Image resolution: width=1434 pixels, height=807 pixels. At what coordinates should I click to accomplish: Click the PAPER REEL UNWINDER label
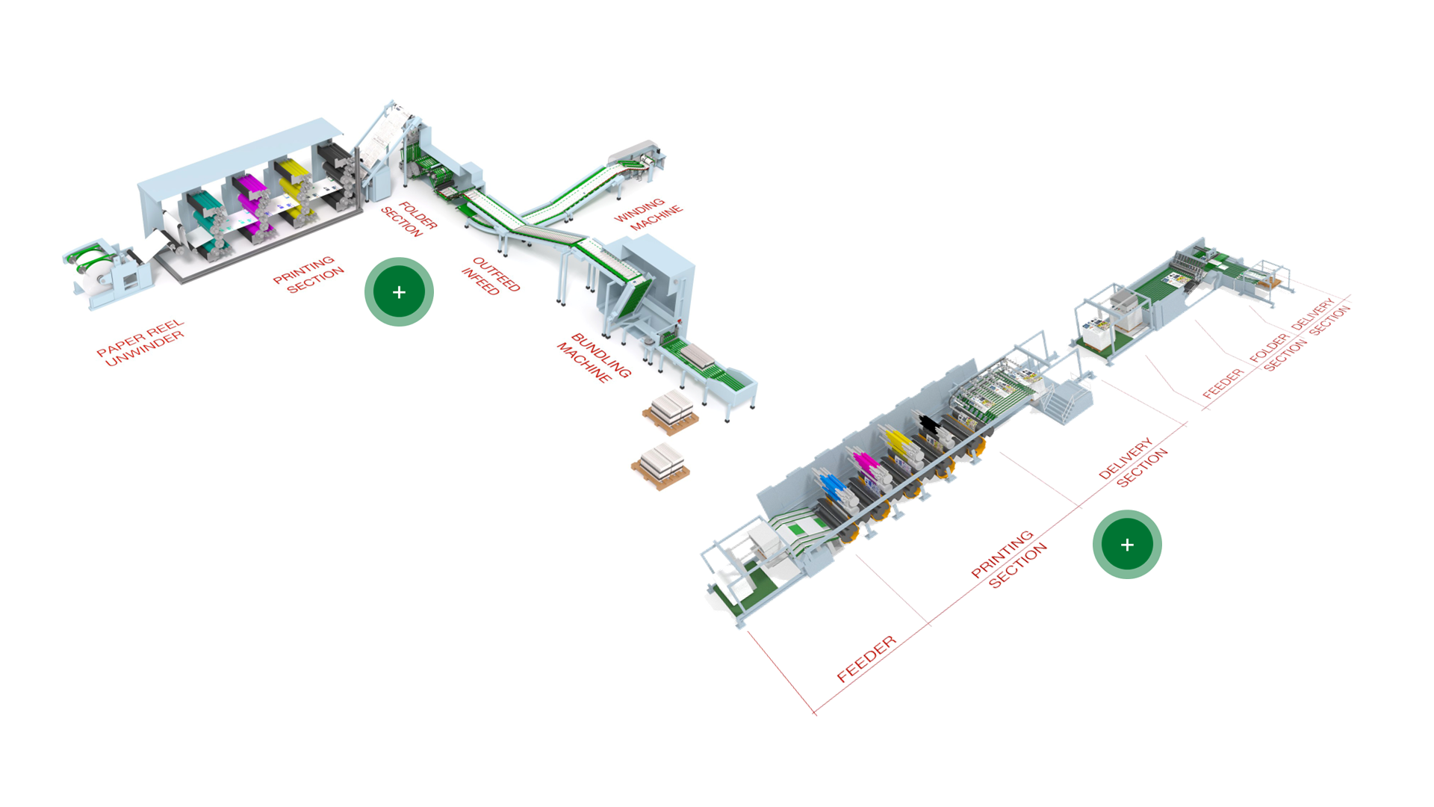[x=141, y=343]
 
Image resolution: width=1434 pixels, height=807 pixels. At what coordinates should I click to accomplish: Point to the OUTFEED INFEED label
[x=491, y=276]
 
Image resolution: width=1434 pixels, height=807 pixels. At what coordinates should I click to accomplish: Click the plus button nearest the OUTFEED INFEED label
[x=399, y=292]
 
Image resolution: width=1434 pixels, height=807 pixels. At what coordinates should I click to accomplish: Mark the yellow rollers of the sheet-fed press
[x=898, y=443]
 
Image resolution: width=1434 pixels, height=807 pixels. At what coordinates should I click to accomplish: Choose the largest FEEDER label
[x=866, y=659]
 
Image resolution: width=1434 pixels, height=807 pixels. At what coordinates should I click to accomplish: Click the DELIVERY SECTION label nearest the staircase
[x=1133, y=463]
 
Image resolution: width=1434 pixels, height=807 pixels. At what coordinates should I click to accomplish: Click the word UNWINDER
[x=145, y=349]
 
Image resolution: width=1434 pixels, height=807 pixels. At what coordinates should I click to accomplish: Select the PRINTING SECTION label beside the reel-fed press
[x=308, y=275]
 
